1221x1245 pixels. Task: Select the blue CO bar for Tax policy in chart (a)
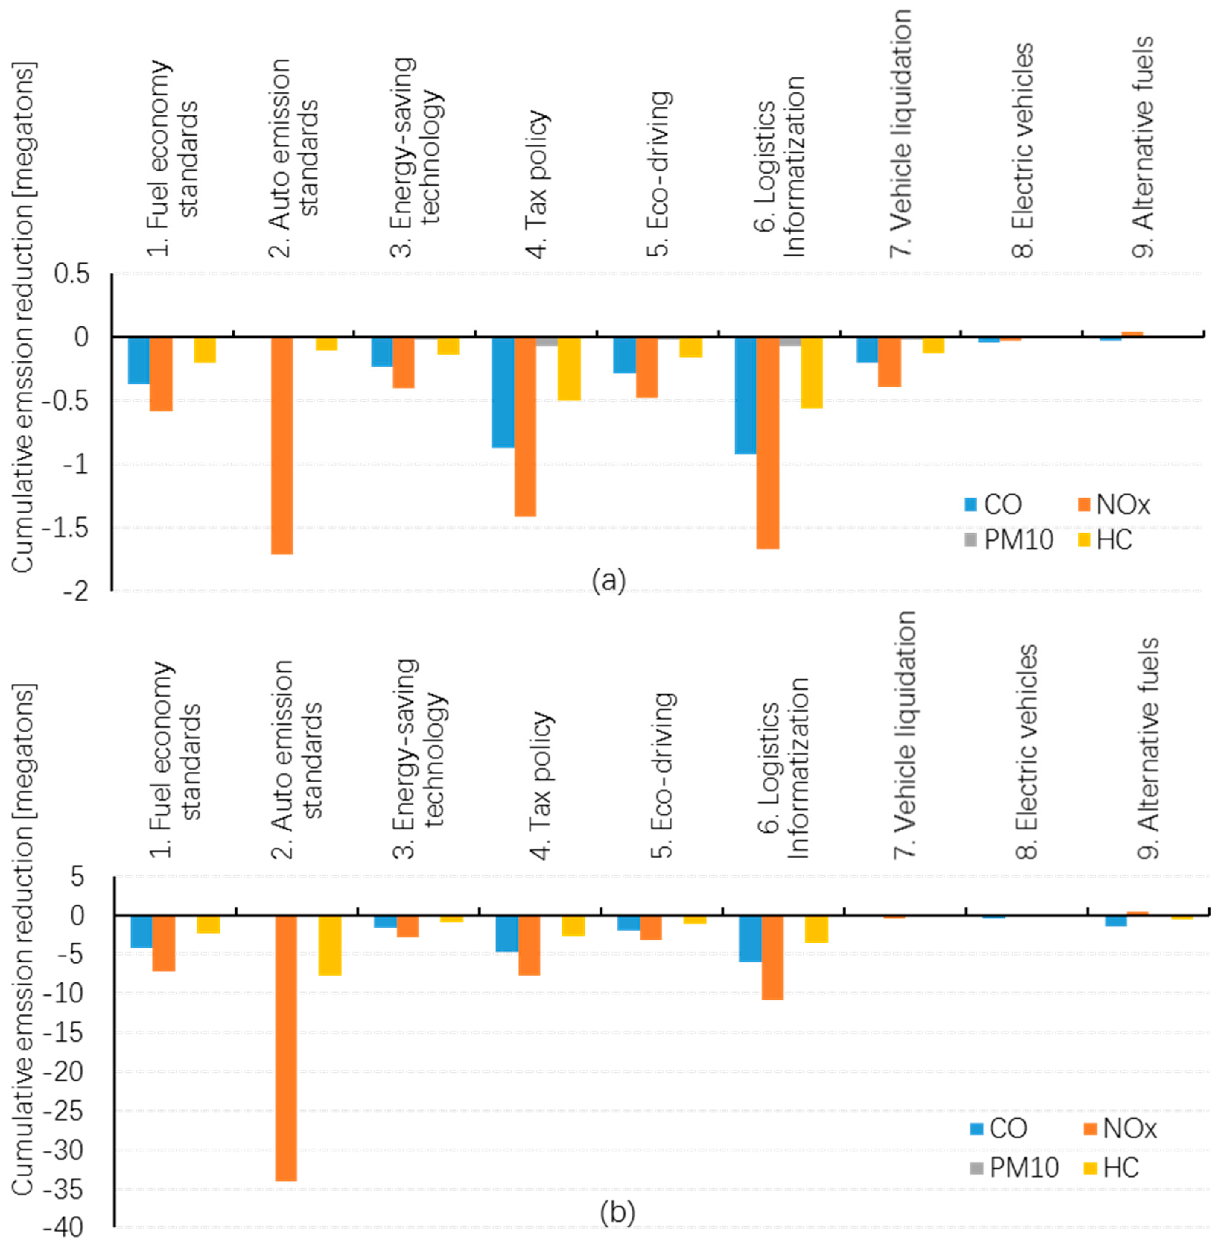click(x=503, y=392)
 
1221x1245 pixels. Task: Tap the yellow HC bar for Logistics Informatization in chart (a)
click(x=811, y=373)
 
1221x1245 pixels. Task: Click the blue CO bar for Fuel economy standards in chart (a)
click(x=139, y=361)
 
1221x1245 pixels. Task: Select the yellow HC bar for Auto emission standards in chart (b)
click(x=330, y=945)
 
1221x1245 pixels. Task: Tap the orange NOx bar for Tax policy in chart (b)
click(x=529, y=945)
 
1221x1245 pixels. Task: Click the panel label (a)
click(x=608, y=580)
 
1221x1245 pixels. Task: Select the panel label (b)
click(x=617, y=1212)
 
